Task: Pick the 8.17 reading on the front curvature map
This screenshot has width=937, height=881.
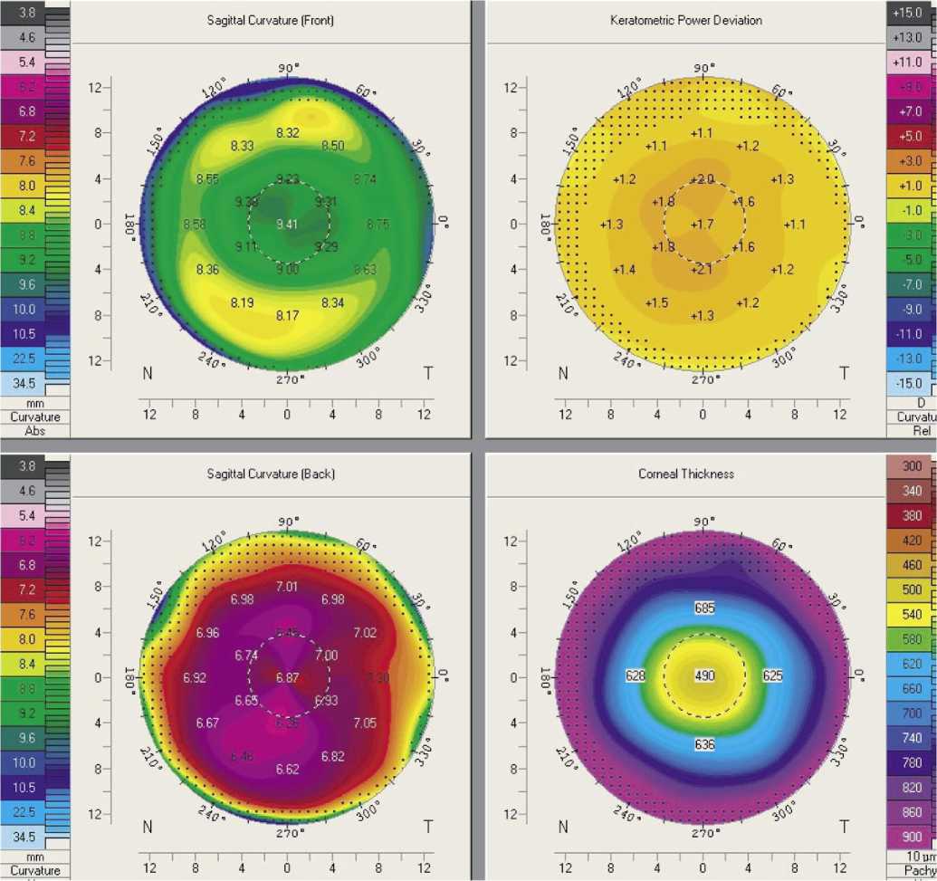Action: (287, 315)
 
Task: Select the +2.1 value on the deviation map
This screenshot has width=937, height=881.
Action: (703, 269)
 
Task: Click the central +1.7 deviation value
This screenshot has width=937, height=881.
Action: (703, 224)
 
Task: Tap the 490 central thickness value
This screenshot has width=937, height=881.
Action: (703, 676)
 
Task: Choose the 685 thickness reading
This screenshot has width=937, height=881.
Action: (703, 607)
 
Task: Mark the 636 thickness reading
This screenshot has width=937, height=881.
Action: (703, 745)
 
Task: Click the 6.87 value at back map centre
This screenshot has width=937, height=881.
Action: (287, 677)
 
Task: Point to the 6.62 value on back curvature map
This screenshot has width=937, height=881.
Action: (287, 769)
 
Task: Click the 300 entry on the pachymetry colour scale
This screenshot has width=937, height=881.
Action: (913, 466)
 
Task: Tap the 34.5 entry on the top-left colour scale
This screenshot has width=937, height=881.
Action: (28, 384)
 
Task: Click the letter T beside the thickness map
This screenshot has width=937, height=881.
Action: (844, 826)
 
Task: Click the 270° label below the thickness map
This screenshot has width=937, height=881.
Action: (703, 833)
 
